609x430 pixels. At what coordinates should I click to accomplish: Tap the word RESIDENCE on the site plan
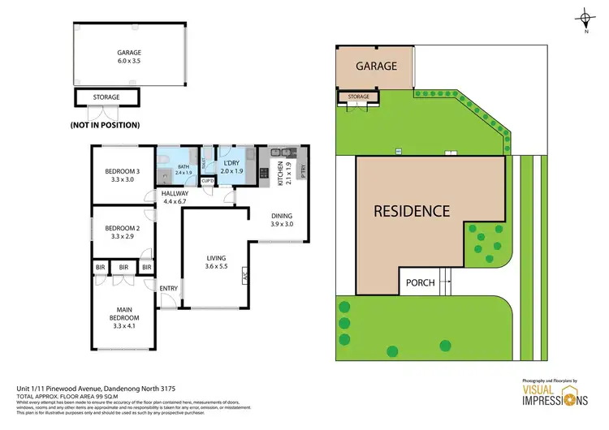coord(411,211)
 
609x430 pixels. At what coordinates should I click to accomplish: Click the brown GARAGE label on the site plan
coord(376,66)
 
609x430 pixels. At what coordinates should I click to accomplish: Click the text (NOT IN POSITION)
coord(105,125)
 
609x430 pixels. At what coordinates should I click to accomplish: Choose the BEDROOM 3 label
coord(123,171)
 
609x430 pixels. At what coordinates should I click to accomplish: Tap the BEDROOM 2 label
coord(123,229)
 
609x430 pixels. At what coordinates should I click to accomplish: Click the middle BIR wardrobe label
coord(123,267)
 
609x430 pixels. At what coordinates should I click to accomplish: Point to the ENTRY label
coord(169,288)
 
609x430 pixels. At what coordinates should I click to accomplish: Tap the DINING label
coord(283,215)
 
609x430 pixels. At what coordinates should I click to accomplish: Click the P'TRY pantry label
coord(302,171)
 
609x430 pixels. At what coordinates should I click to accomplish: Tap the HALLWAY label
coord(175,194)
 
